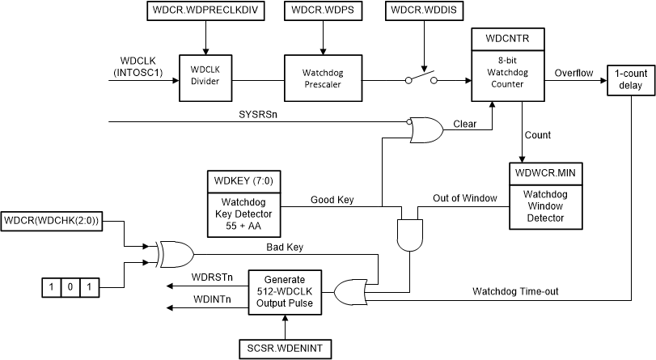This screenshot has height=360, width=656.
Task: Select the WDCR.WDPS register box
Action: (322, 12)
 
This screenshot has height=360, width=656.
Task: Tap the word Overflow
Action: (573, 74)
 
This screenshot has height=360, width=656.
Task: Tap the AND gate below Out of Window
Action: (408, 235)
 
